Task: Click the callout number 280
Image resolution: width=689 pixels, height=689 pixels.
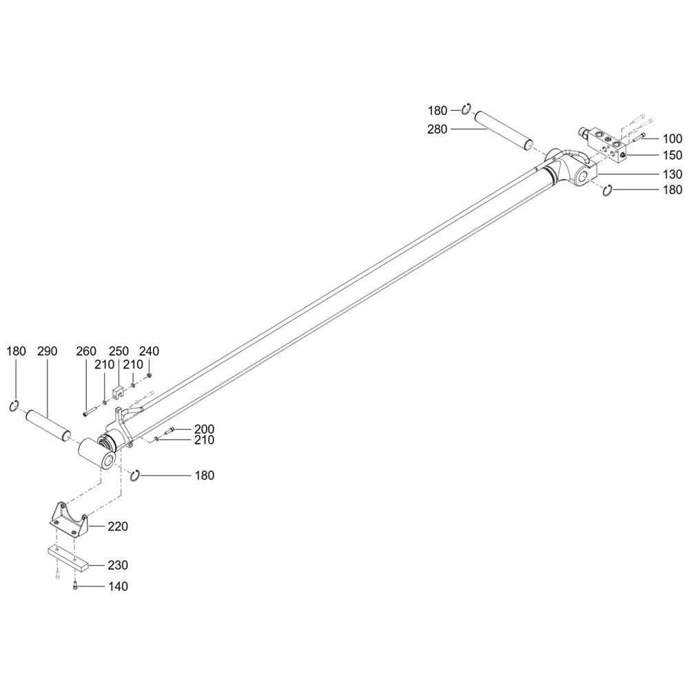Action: (x=437, y=130)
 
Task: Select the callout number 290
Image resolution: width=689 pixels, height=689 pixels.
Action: (x=47, y=351)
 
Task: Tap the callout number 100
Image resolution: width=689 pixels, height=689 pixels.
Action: (x=672, y=139)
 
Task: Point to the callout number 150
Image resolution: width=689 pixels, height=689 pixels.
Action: (x=672, y=156)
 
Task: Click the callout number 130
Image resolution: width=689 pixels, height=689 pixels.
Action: (x=672, y=174)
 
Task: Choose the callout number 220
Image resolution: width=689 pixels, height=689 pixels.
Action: (x=118, y=526)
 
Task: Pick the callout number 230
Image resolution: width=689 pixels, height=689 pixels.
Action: (x=118, y=565)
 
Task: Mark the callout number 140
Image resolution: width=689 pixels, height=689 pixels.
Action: (x=118, y=586)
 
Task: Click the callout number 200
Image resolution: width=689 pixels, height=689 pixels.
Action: (x=205, y=429)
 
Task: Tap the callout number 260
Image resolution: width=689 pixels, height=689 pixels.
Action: (x=85, y=351)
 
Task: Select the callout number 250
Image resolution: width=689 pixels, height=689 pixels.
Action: (x=119, y=351)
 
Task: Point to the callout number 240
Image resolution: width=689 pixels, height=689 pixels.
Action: (x=149, y=351)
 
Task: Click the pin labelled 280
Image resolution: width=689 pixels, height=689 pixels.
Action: (x=505, y=132)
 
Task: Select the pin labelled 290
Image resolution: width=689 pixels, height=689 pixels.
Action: (x=48, y=424)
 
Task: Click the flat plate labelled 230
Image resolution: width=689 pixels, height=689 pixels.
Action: (x=68, y=558)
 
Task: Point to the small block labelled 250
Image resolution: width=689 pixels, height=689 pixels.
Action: (x=118, y=392)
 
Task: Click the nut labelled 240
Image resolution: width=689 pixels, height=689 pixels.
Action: (x=150, y=375)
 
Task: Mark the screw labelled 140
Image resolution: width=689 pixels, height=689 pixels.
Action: (x=75, y=585)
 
